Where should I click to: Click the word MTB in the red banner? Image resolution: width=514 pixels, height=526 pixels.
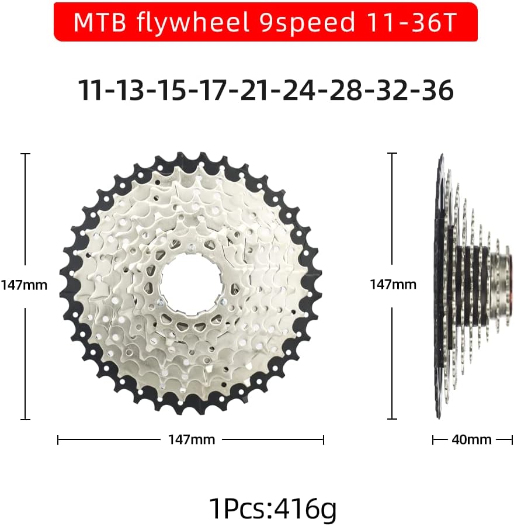click(x=99, y=22)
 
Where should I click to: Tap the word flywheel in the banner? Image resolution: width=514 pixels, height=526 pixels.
click(x=192, y=23)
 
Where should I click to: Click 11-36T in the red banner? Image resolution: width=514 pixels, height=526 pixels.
click(x=411, y=22)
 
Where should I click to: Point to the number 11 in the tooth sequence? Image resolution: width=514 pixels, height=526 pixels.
click(x=90, y=90)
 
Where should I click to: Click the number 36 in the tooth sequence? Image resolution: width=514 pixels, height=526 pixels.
click(x=437, y=90)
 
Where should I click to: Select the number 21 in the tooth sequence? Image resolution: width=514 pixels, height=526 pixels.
click(x=254, y=90)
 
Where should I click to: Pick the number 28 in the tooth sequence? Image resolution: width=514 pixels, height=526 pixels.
click(x=345, y=90)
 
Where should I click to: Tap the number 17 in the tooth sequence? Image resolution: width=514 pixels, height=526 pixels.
click(x=212, y=90)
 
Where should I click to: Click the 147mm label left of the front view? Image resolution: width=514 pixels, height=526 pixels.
click(x=24, y=285)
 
